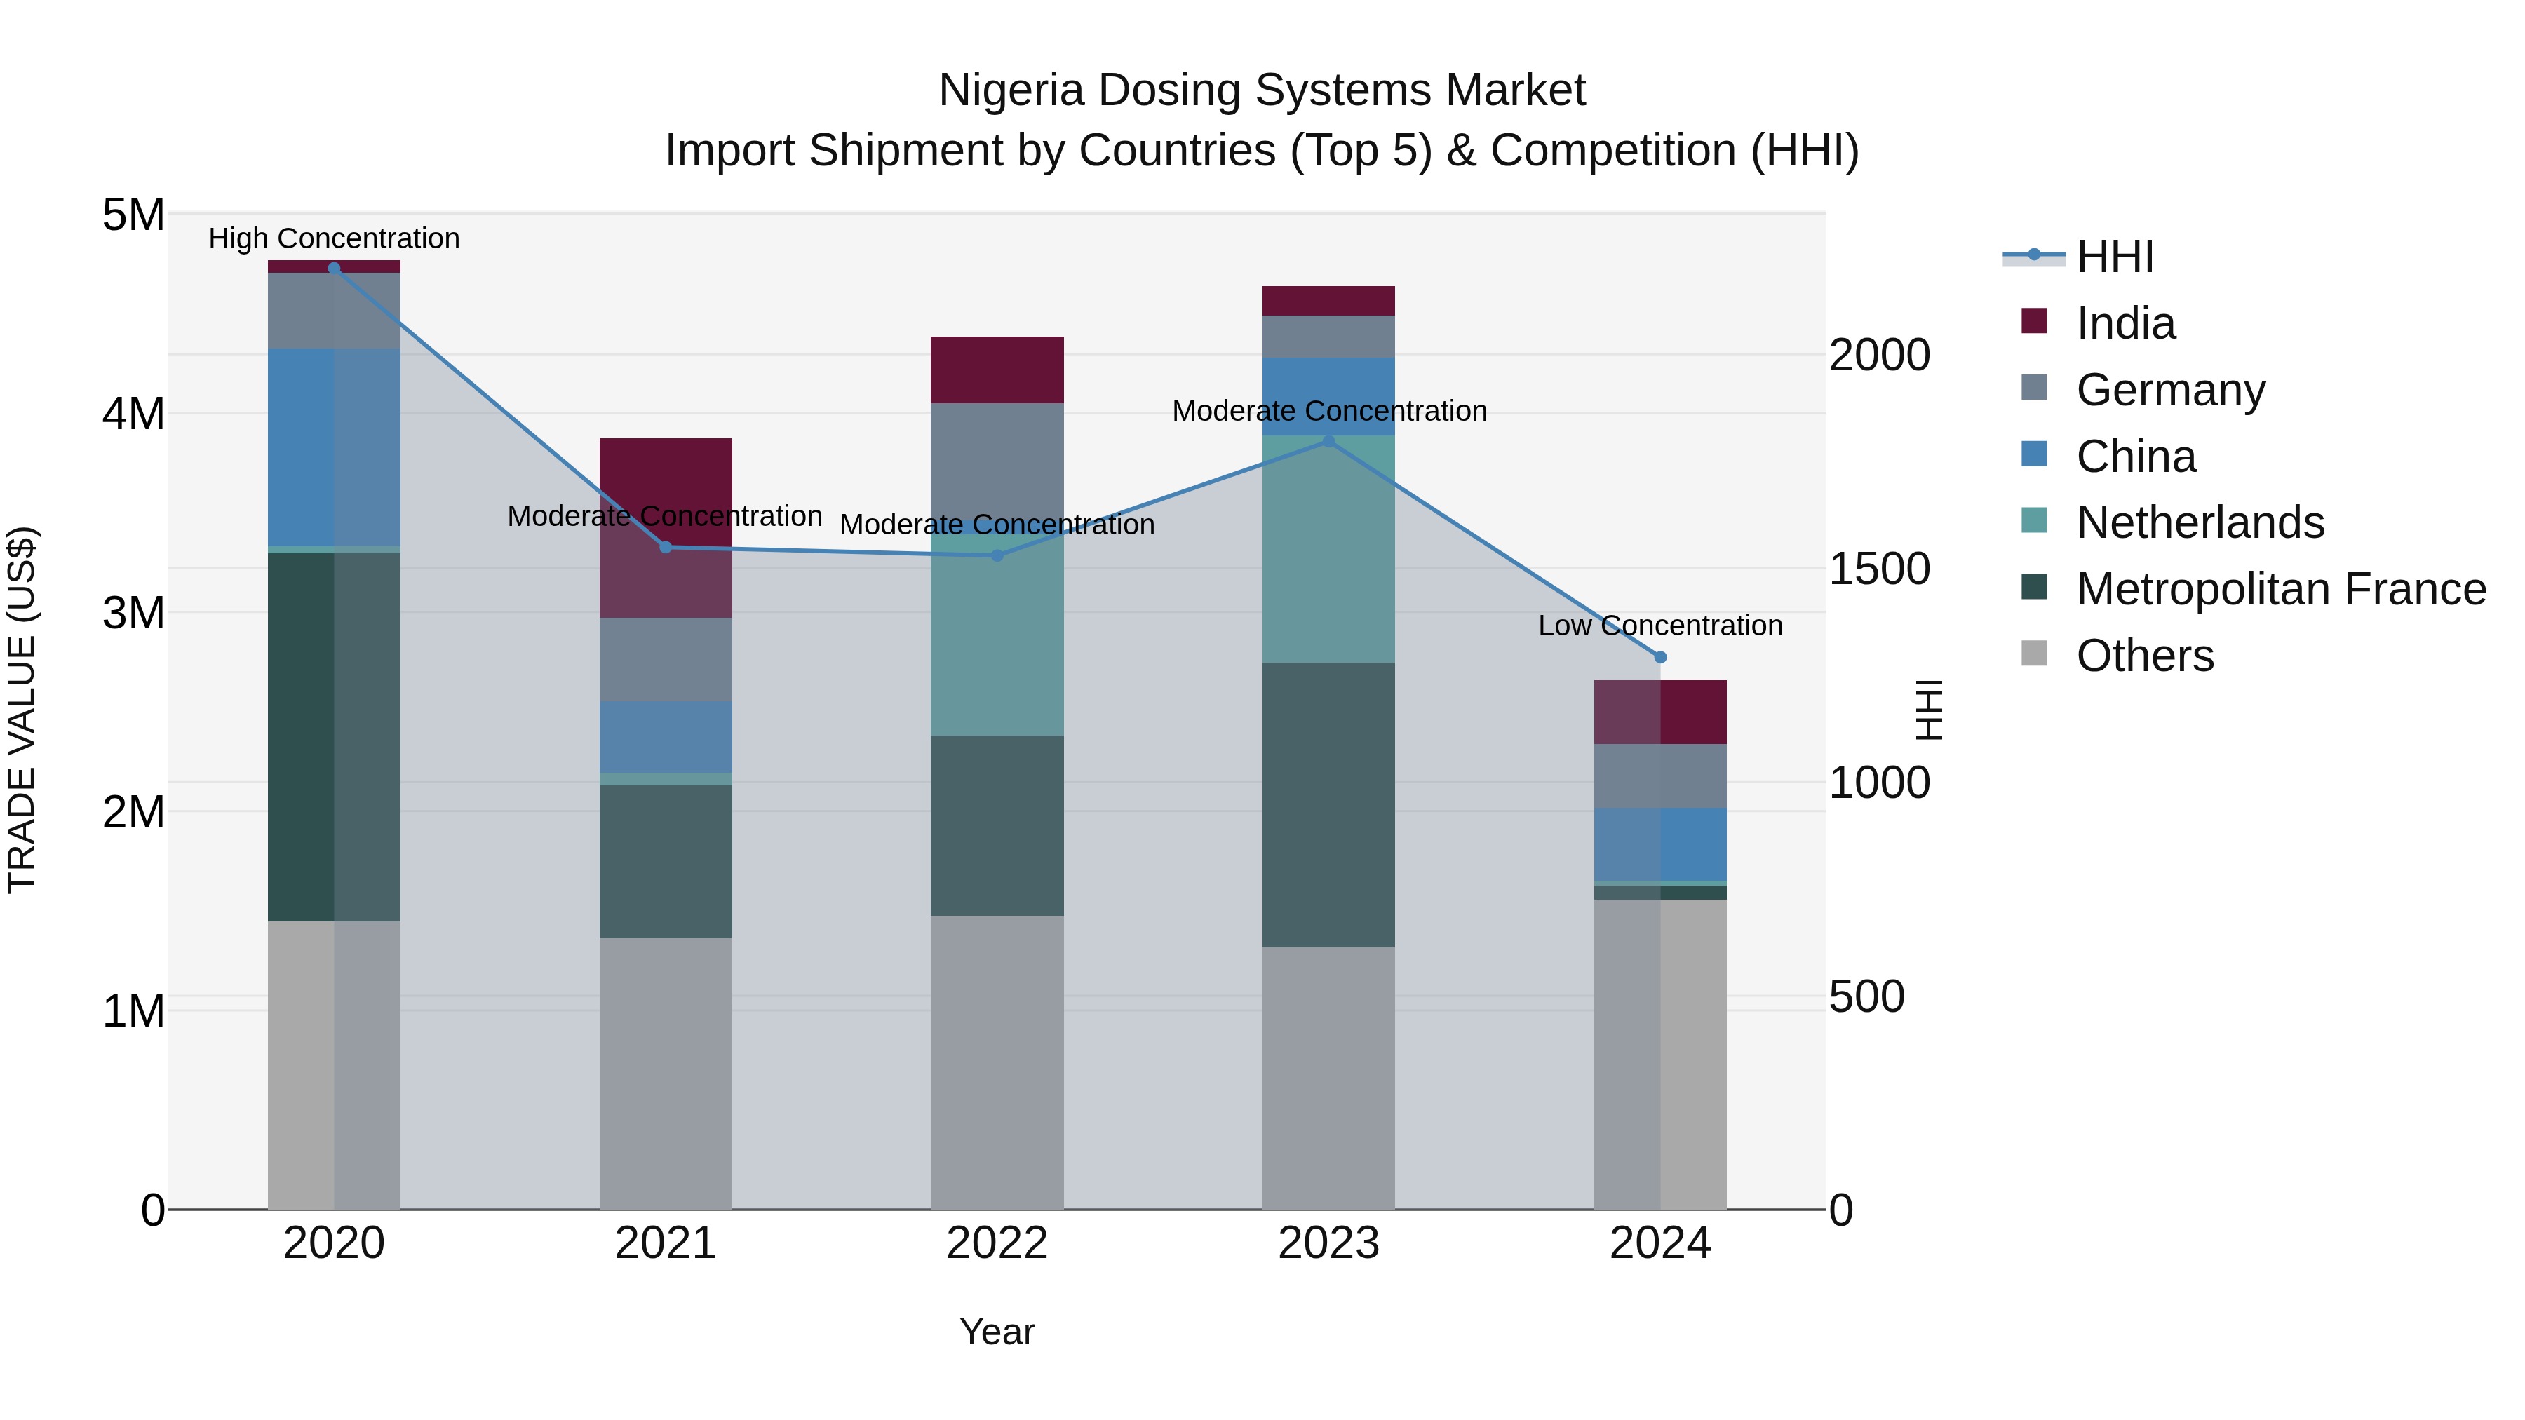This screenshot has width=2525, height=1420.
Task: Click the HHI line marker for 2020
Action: point(335,268)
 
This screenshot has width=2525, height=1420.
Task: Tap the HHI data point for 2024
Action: point(1659,658)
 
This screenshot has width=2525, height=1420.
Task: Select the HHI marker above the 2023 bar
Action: point(1328,441)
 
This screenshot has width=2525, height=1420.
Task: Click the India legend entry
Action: point(2125,323)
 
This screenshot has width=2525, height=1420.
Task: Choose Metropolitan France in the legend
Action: point(2281,589)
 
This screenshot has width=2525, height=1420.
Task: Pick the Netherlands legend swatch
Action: point(2034,520)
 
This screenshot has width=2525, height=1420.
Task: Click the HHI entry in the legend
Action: point(2114,257)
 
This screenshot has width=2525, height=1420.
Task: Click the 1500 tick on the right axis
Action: point(1879,569)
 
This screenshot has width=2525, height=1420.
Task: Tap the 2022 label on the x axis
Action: point(997,1243)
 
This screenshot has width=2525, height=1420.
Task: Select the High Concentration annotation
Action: point(335,238)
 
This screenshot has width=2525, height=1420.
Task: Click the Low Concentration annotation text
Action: point(1659,626)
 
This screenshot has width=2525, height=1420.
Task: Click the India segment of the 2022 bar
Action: point(997,370)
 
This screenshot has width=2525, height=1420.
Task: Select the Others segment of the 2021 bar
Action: point(666,1073)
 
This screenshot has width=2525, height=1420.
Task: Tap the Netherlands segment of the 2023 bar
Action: point(1328,549)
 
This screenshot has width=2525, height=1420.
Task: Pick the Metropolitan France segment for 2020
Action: point(335,737)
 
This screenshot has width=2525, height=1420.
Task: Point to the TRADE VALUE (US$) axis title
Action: point(22,710)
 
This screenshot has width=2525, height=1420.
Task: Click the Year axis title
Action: point(997,1332)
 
